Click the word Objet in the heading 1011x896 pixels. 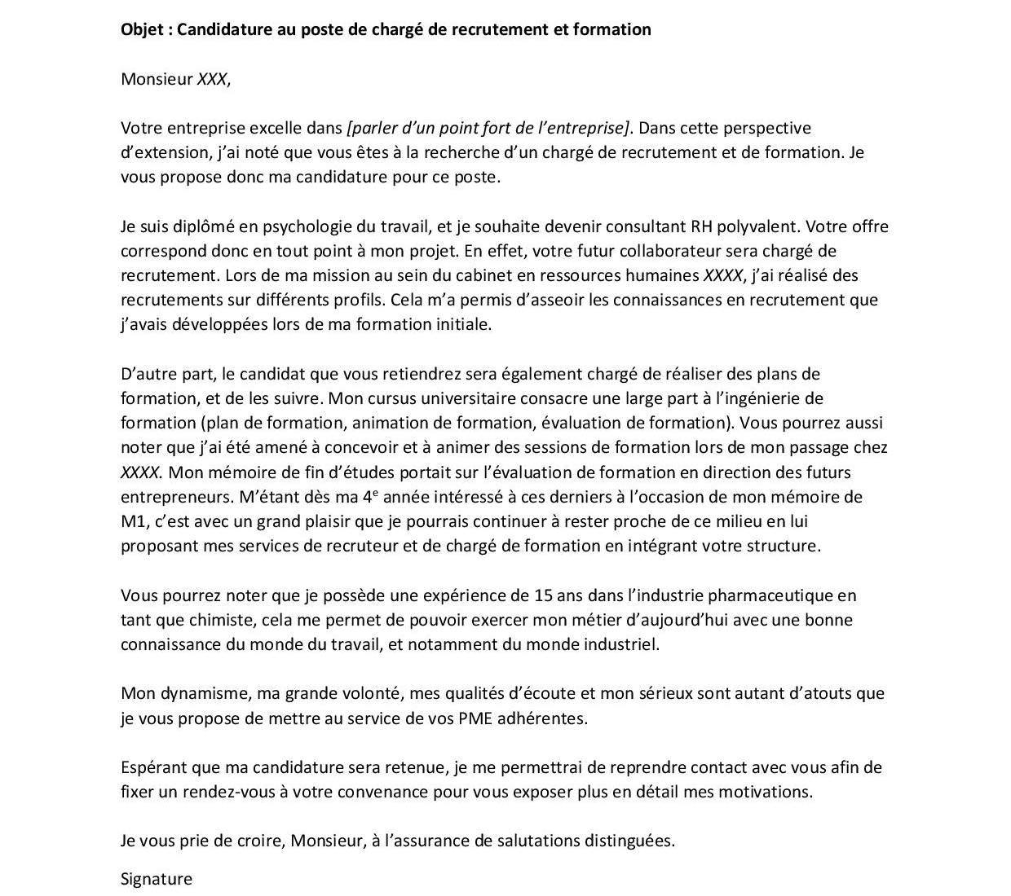(142, 30)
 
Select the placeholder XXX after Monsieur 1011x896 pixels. (212, 79)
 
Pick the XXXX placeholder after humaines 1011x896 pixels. (723, 275)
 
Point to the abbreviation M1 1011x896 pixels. (131, 521)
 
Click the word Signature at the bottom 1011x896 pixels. (157, 879)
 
